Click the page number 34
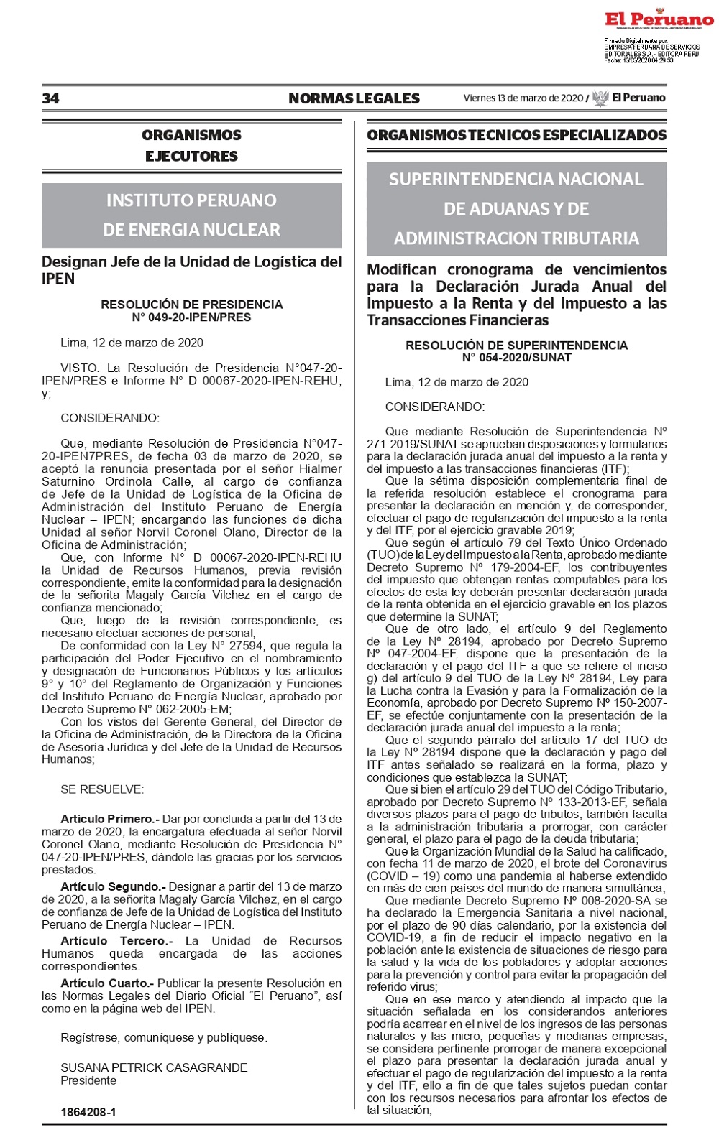[x=50, y=98]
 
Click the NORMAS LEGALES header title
[x=354, y=98]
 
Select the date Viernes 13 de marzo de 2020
[x=523, y=98]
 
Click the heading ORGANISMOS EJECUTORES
[x=191, y=145]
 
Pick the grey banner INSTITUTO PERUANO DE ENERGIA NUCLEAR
[x=191, y=215]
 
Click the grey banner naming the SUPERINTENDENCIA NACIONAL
[x=516, y=208]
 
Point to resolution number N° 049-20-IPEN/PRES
[x=191, y=317]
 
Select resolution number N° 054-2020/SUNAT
[x=516, y=358]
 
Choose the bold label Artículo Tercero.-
[x=116, y=941]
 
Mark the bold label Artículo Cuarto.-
[x=107, y=983]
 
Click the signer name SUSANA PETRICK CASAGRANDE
[x=154, y=1067]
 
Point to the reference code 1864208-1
[x=88, y=1111]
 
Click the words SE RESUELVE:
[x=102, y=789]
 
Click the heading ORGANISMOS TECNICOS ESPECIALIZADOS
[x=516, y=135]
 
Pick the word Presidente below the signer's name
[x=88, y=1080]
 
